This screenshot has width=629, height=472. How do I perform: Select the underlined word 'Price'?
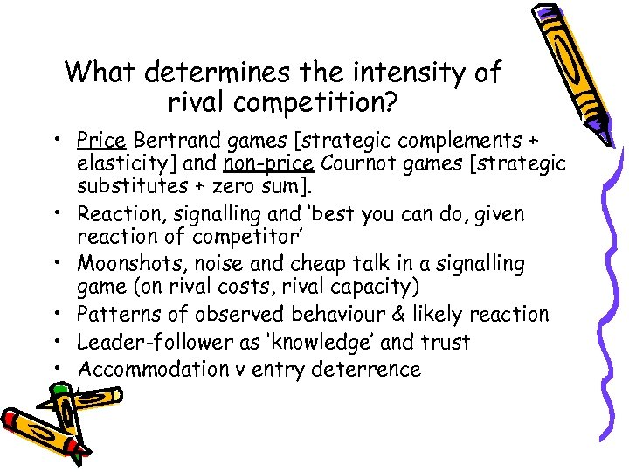pyautogui.click(x=102, y=141)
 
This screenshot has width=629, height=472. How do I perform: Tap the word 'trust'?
pyautogui.click(x=445, y=342)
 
